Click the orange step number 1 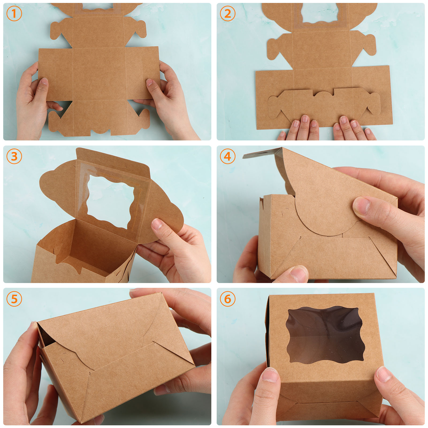pyautogui.click(x=14, y=14)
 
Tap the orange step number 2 pyautogui.click(x=228, y=14)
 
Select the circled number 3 pyautogui.click(x=14, y=156)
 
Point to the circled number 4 pyautogui.click(x=228, y=156)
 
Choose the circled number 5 pyautogui.click(x=14, y=299)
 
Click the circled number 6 pyautogui.click(x=228, y=299)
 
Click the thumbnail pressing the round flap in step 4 pyautogui.click(x=361, y=205)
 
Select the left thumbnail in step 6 pyautogui.click(x=270, y=374)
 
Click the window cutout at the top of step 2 pyautogui.click(x=320, y=13)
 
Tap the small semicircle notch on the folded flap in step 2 pyautogui.click(x=323, y=94)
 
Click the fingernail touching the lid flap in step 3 pyautogui.click(x=157, y=224)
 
